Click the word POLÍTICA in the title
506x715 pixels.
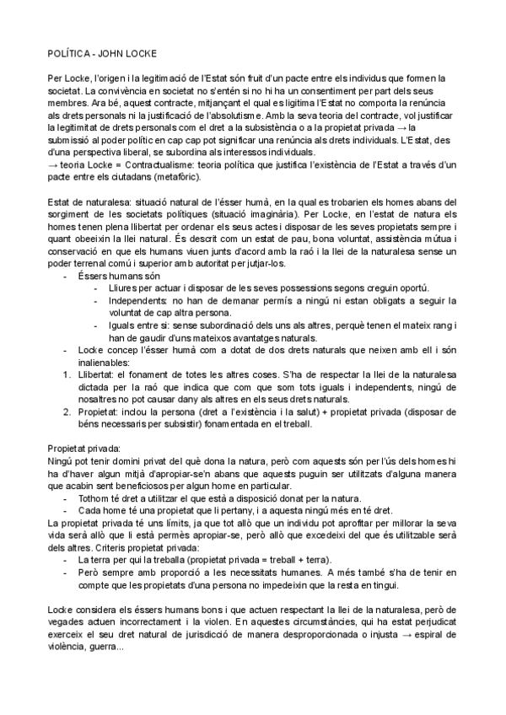(x=69, y=52)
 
